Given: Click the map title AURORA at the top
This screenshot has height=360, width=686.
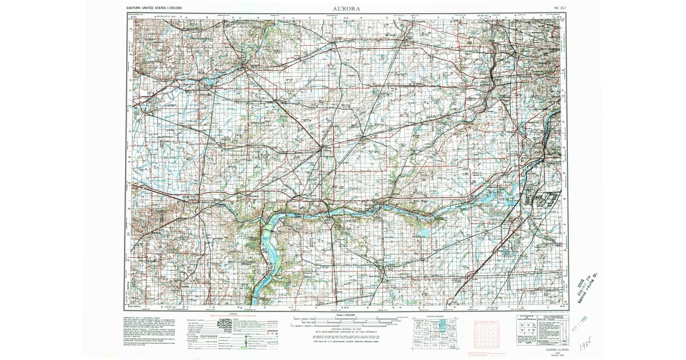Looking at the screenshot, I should click(x=346, y=9).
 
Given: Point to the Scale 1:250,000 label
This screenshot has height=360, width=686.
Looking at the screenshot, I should click(x=346, y=315).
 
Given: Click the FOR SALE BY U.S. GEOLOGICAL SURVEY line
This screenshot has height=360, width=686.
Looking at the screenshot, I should click(x=346, y=342).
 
